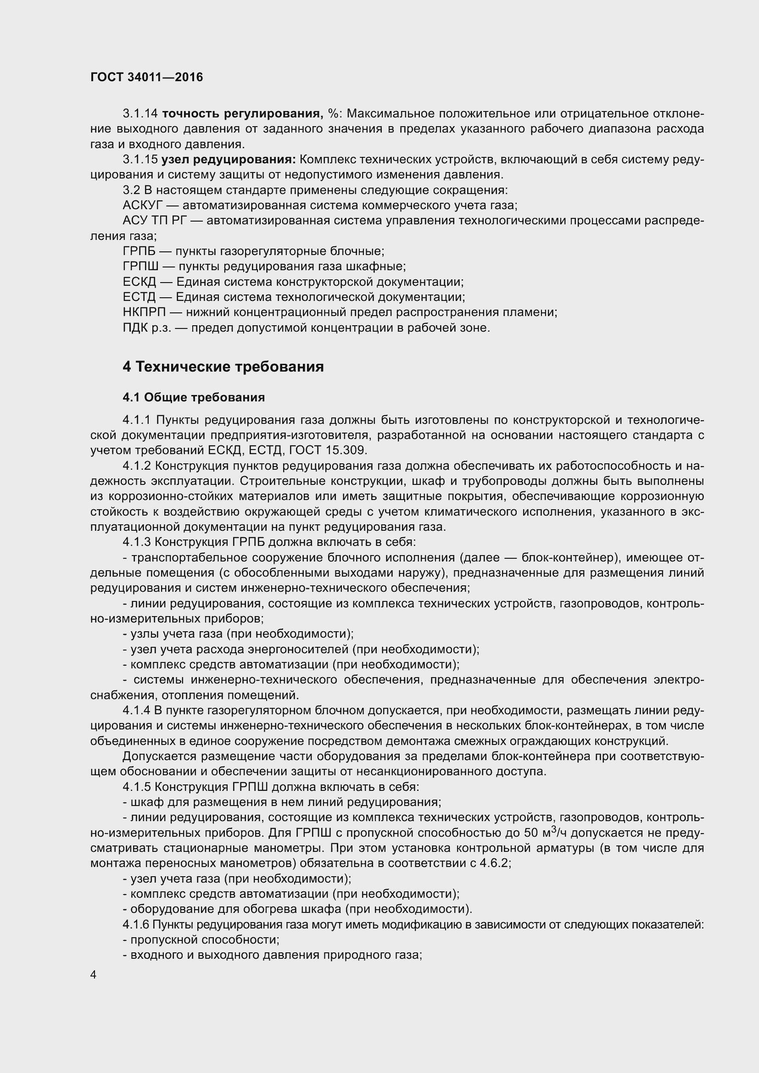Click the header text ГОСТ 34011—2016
coord(147,78)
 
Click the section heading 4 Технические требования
coord(223,367)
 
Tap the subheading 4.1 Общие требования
coord(194,398)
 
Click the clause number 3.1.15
coord(140,160)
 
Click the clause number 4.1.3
coord(137,542)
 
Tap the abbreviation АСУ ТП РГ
coord(154,221)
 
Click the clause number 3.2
coord(132,191)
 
